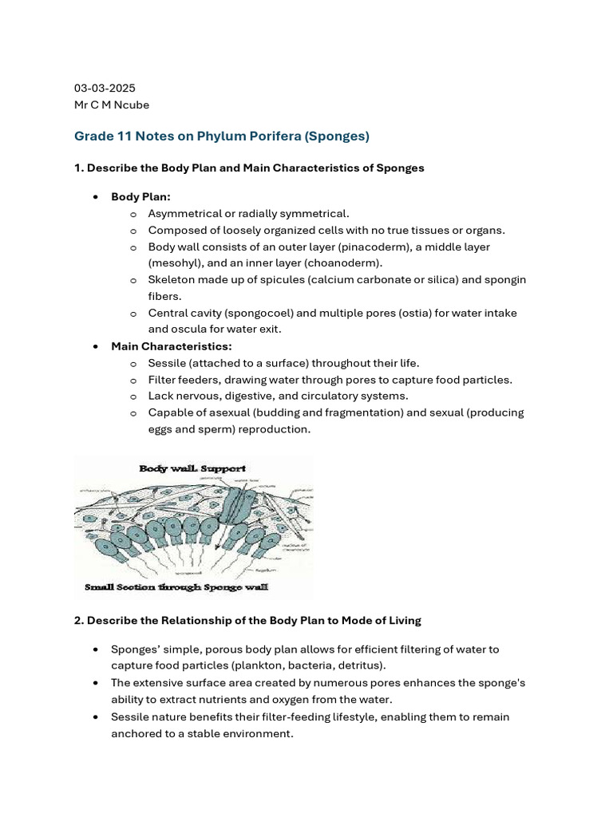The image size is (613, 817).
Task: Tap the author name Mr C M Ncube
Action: (112, 105)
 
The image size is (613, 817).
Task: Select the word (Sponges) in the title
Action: (335, 136)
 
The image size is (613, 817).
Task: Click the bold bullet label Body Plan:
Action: (140, 196)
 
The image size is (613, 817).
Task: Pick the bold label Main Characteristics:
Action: (172, 346)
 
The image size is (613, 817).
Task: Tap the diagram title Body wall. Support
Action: (192, 468)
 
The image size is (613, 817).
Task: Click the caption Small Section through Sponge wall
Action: (176, 588)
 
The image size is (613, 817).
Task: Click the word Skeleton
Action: (172, 280)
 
